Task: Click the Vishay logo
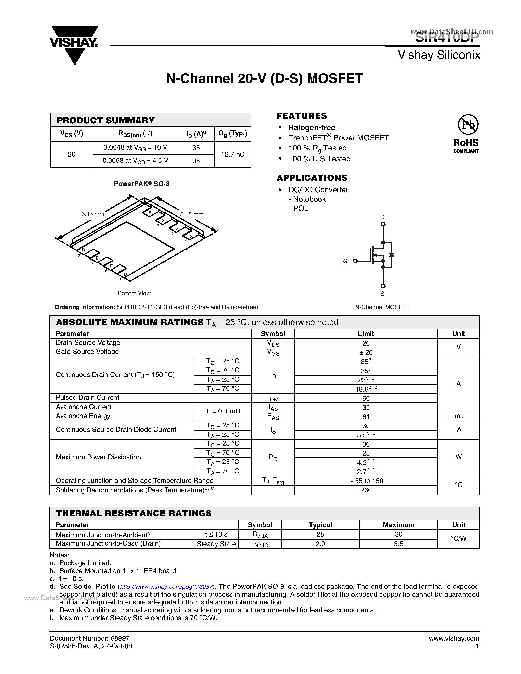[74, 45]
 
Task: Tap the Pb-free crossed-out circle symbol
[468, 125]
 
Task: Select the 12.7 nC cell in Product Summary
[232, 154]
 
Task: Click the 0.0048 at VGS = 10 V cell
[135, 148]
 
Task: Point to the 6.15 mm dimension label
[93, 214]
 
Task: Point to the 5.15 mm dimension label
[192, 214]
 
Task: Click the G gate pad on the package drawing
[191, 237]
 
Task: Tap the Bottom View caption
[134, 293]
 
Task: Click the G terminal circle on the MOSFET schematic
[355, 261]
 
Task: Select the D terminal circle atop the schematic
[383, 224]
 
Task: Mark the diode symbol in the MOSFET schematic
[392, 255]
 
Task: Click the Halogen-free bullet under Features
[311, 128]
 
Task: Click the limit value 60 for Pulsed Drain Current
[366, 399]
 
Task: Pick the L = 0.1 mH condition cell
[223, 411]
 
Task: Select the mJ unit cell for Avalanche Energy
[459, 416]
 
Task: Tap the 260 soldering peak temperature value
[366, 490]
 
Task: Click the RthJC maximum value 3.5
[398, 544]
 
